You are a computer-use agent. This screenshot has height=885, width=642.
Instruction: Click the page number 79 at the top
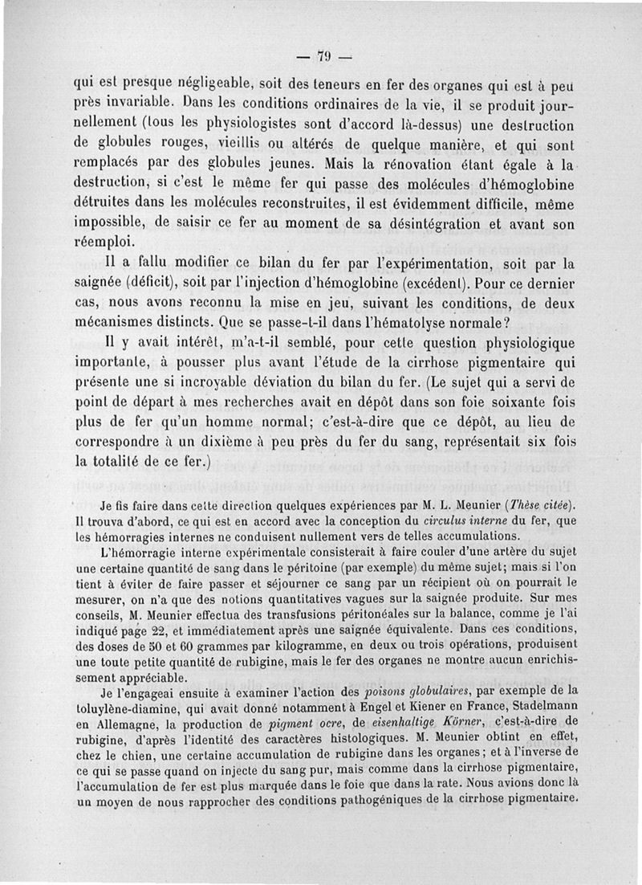pos(323,56)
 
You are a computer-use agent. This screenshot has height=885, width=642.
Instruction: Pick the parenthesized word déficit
pos(161,285)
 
